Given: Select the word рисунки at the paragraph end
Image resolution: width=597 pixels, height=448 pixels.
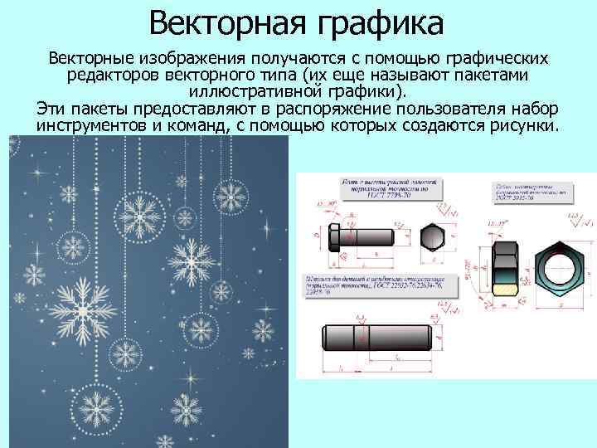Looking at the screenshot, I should click(524, 126).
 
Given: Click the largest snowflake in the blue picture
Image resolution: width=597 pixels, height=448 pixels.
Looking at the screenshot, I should click(85, 312).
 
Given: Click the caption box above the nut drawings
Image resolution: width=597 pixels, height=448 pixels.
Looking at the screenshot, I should click(531, 190).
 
